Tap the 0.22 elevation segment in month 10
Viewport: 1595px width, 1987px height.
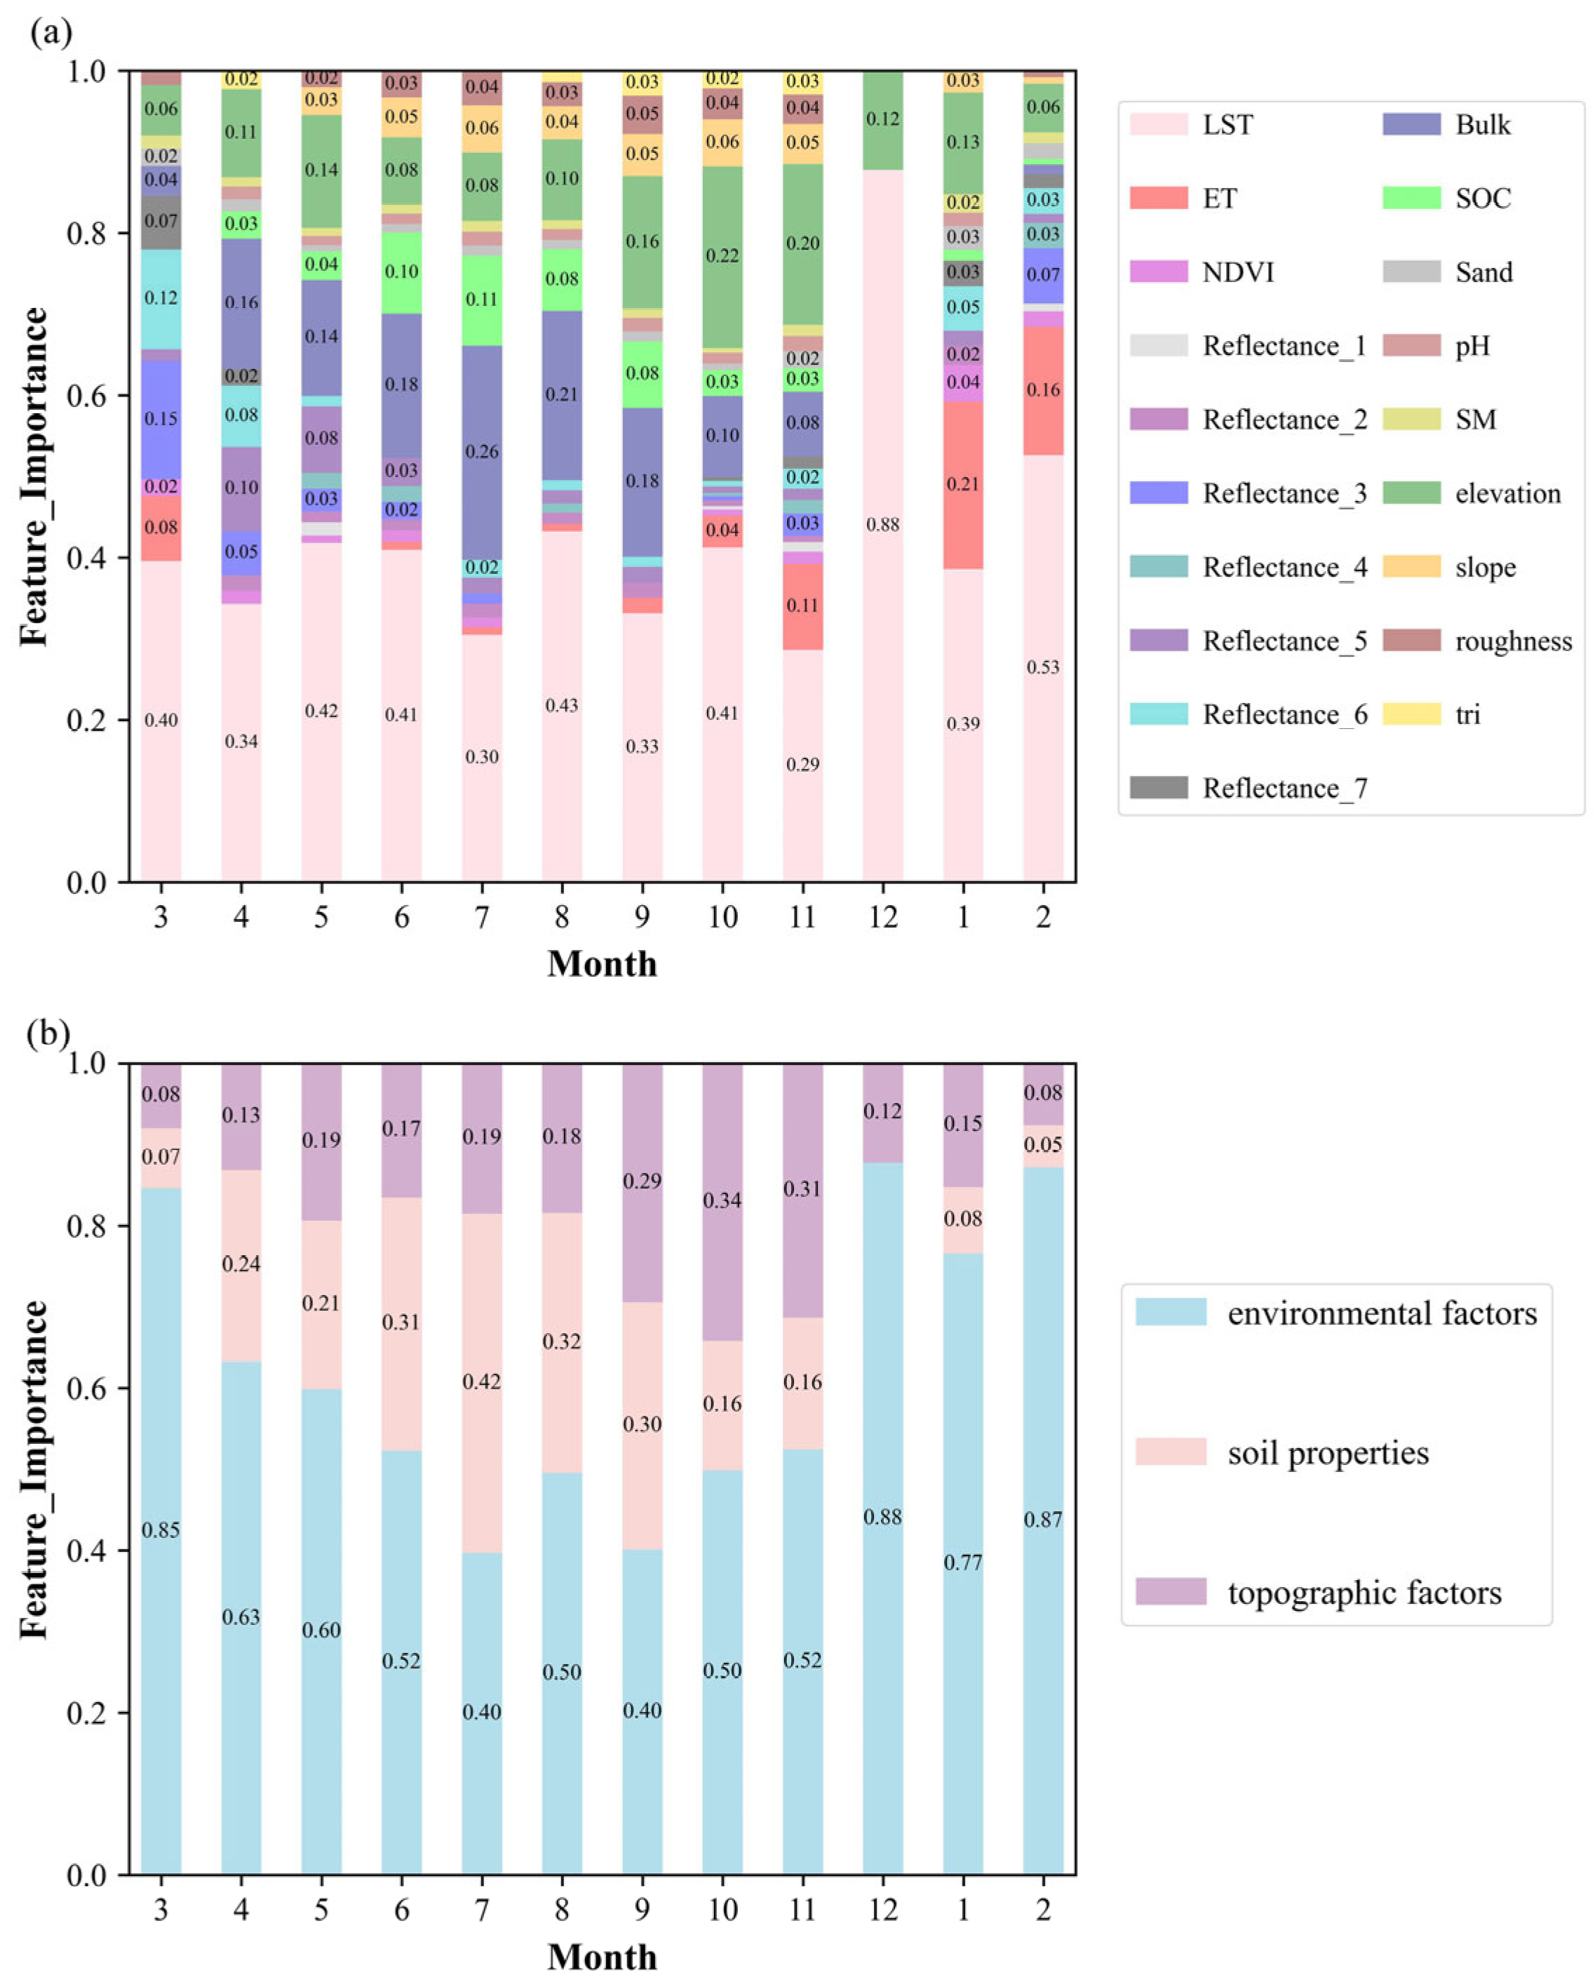point(722,255)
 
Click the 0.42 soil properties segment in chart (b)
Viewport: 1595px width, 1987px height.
point(481,1381)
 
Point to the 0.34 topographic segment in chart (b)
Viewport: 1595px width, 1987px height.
point(722,1200)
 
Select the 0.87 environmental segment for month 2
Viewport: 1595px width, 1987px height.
point(1042,1520)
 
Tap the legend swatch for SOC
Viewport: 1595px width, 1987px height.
point(1411,198)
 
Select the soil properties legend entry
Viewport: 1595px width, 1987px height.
point(1327,1453)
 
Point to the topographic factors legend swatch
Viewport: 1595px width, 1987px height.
point(1170,1591)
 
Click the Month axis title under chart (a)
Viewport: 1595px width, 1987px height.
point(602,964)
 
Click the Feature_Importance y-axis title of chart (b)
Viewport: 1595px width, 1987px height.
point(34,1469)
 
